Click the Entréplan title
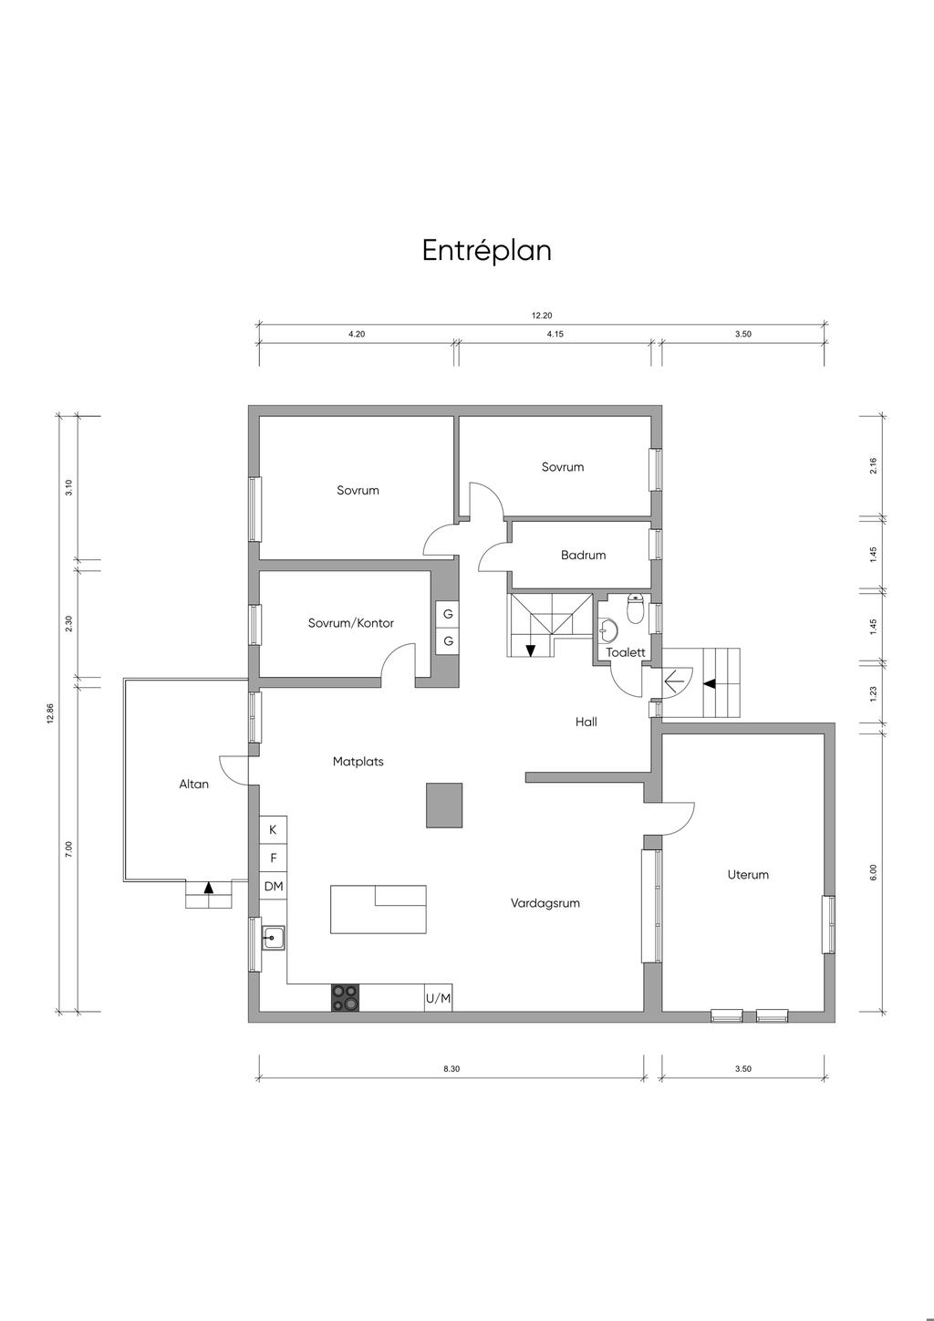[486, 251]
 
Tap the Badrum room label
[583, 555]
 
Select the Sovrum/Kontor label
[351, 623]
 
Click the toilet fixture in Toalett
[635, 608]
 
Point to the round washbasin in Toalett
[607, 629]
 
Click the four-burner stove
[345, 998]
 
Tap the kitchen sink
[274, 937]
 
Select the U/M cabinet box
[438, 998]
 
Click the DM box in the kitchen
[274, 887]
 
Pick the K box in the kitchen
[274, 830]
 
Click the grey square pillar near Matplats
[444, 805]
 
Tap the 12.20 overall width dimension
[542, 316]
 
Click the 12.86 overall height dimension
[51, 713]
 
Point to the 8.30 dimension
[451, 1068]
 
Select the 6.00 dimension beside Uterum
[873, 873]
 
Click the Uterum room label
[748, 875]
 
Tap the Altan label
[194, 784]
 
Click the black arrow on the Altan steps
[209, 887]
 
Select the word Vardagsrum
[545, 903]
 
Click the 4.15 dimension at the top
[555, 334]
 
